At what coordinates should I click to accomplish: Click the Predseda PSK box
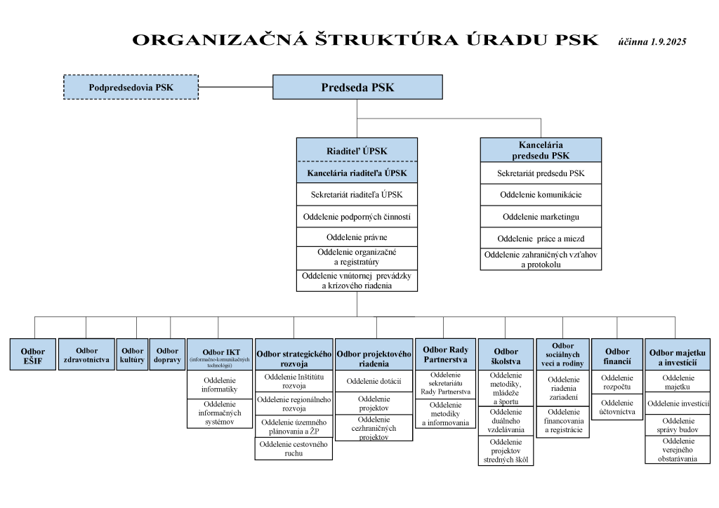pos(357,88)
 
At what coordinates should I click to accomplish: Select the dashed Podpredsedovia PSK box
pos(131,88)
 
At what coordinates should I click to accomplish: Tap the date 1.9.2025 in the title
pos(666,41)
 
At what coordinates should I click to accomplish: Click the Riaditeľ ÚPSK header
pos(357,151)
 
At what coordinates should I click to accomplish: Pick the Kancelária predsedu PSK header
pos(541,150)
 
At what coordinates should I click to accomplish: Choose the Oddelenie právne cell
pos(357,237)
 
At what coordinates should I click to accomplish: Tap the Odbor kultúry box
pos(133,355)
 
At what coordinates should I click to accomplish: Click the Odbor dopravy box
pos(168,355)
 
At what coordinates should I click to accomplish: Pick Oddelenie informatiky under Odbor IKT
pos(220,384)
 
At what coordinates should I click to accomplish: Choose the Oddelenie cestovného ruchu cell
pos(293,449)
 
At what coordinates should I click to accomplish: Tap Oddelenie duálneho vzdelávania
pos(506,422)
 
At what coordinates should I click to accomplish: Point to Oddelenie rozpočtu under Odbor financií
pos(617,382)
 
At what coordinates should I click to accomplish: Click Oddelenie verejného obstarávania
pos(677,449)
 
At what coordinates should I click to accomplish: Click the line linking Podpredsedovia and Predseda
pos(235,88)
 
